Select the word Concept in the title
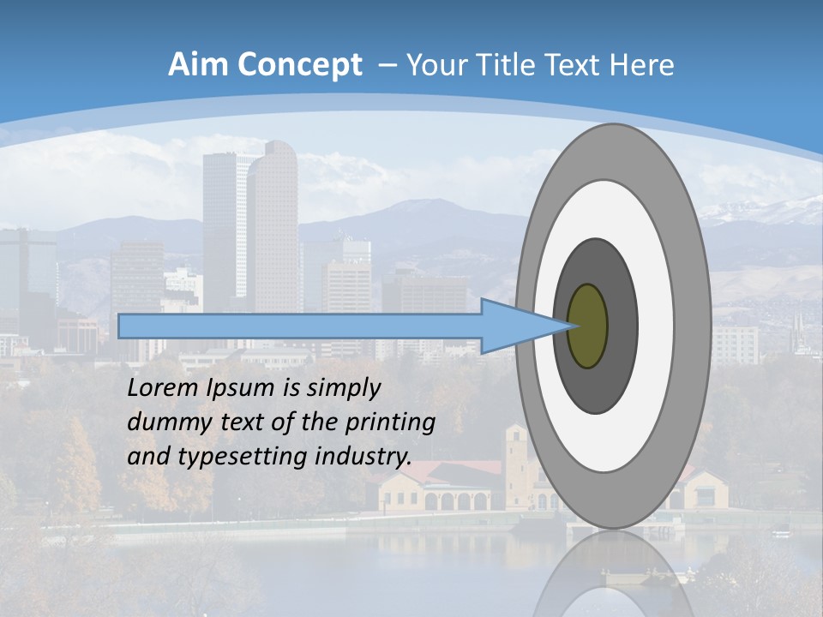299,65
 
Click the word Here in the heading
642,64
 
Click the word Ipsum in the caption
240,387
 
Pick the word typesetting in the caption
228,457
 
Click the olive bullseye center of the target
588,326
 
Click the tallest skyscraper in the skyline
273,223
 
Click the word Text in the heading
586,64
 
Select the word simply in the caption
343,387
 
